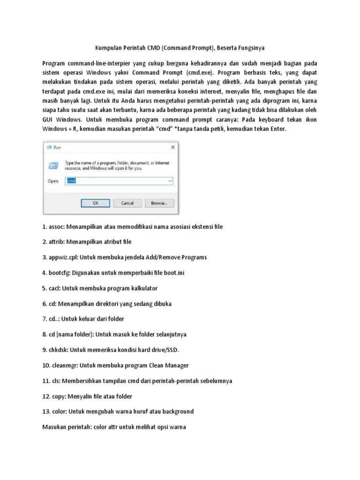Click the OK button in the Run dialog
(95, 203)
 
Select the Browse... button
(159, 203)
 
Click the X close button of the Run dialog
(173, 147)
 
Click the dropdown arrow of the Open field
(170, 180)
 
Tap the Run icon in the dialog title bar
(49, 147)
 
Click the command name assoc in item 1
(56, 226)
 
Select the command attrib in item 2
(56, 242)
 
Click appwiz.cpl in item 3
(63, 257)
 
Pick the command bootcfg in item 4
(60, 273)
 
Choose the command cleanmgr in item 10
(64, 365)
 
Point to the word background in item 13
(175, 411)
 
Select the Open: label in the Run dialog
(53, 180)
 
